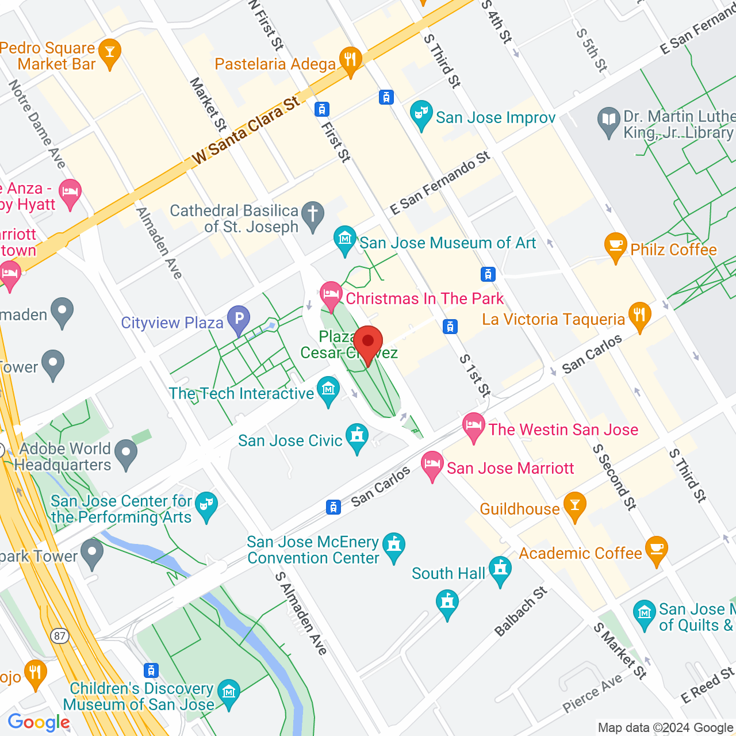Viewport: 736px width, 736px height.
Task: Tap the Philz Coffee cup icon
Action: tap(615, 247)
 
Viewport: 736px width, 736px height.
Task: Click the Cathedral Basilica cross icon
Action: tap(313, 216)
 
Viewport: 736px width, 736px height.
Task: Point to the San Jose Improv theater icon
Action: tap(421, 114)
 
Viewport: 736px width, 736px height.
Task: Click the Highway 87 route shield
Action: tap(59, 635)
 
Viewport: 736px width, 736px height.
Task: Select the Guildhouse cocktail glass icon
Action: tap(574, 506)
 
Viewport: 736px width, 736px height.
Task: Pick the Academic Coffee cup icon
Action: tap(656, 550)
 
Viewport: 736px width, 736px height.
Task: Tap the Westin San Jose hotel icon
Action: tap(474, 427)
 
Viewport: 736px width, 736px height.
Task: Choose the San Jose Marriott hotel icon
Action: tap(432, 465)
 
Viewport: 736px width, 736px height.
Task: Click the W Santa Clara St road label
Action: tap(246, 131)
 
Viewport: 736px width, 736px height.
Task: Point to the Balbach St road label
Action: tap(521, 612)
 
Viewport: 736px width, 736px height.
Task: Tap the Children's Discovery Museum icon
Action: tap(229, 692)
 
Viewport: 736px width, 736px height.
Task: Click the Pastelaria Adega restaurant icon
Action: tap(350, 60)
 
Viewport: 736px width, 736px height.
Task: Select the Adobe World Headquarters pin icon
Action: tap(126, 454)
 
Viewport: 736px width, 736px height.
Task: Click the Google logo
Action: tap(39, 722)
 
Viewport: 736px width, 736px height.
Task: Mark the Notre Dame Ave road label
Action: tap(37, 124)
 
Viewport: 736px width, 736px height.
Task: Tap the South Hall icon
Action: tap(500, 570)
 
